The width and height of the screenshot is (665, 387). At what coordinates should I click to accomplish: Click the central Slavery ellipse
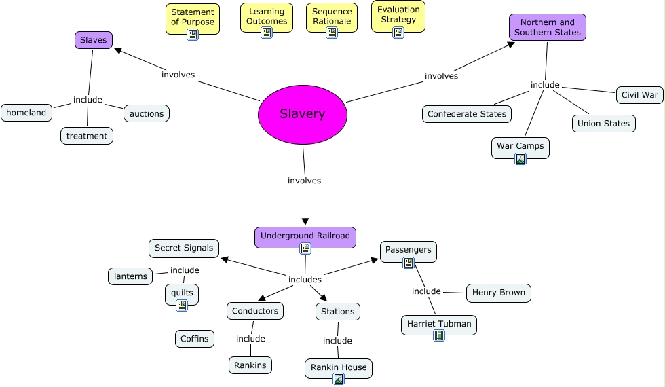click(303, 114)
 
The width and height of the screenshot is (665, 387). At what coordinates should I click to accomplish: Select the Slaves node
click(93, 40)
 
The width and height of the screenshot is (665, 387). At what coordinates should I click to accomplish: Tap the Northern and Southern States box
click(547, 27)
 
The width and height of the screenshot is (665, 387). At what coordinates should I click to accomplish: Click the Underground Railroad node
click(305, 236)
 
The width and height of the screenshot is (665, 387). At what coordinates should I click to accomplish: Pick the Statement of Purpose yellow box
click(192, 18)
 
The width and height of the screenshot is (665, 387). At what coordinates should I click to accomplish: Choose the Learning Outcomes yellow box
click(267, 17)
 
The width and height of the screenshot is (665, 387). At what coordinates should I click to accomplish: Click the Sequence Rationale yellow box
click(332, 17)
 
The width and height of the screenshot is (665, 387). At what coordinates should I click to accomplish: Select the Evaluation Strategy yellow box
click(398, 16)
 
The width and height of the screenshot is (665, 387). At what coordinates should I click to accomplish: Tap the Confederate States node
click(467, 114)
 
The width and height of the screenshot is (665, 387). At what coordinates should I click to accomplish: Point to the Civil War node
click(639, 95)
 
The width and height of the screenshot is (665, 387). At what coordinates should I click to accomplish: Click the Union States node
click(603, 124)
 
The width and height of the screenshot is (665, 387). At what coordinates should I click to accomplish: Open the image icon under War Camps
click(520, 159)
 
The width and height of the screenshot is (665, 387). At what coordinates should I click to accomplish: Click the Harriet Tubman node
click(438, 324)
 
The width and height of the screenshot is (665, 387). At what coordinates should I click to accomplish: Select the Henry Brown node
click(498, 293)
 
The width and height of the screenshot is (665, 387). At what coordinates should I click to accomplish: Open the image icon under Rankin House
click(339, 379)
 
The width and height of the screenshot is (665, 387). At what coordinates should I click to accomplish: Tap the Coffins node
click(195, 338)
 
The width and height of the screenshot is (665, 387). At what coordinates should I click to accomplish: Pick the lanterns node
click(130, 276)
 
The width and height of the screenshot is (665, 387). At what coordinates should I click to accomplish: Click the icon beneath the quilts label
click(182, 306)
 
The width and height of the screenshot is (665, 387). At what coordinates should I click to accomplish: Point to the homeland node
click(26, 113)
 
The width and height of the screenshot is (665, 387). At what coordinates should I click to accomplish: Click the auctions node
click(147, 113)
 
